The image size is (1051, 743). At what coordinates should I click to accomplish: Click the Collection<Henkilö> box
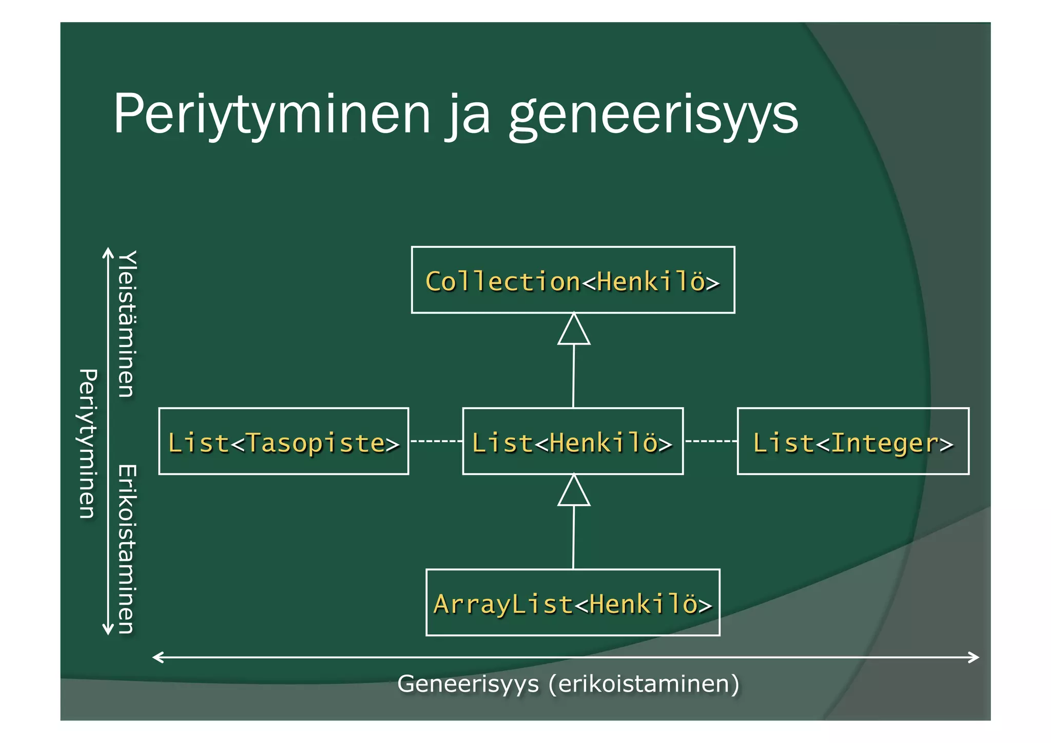pyautogui.click(x=573, y=280)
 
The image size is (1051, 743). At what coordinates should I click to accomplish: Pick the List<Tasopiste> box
pyautogui.click(x=283, y=442)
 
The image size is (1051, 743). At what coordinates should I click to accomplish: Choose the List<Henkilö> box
pyautogui.click(x=573, y=442)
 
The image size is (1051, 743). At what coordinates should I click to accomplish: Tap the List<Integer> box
pyautogui.click(x=853, y=442)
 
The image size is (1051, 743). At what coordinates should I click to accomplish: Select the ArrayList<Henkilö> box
pyautogui.click(x=573, y=603)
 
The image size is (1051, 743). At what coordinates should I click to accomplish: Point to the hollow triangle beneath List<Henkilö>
pyautogui.click(x=574, y=491)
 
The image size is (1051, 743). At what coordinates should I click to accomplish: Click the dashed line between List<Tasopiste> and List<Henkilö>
pyautogui.click(x=436, y=441)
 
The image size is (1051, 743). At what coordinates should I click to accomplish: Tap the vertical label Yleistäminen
pyautogui.click(x=127, y=324)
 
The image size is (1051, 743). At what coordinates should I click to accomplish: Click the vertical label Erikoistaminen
pyautogui.click(x=127, y=549)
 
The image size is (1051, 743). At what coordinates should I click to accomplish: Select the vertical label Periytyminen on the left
pyautogui.click(x=88, y=444)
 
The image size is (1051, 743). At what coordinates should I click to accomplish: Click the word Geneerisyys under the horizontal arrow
pyautogui.click(x=468, y=684)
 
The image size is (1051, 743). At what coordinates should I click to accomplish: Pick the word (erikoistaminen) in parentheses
pyautogui.click(x=644, y=684)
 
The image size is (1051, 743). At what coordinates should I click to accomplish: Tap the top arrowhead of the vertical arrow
pyautogui.click(x=108, y=253)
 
